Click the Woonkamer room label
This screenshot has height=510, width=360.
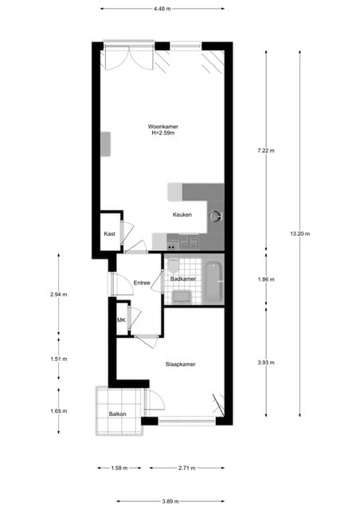point(162,127)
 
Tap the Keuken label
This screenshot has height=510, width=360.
point(182,215)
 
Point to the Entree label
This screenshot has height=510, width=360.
point(142,283)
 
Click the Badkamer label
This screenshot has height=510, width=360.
point(183,278)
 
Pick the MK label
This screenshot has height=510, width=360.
point(121,320)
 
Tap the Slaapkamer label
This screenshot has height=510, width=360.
point(181,364)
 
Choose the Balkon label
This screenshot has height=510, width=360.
point(118,414)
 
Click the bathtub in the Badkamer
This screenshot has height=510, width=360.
point(213,283)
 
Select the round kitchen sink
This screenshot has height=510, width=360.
point(214,215)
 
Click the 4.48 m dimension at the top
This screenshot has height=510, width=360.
point(162,9)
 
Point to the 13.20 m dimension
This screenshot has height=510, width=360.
point(299,233)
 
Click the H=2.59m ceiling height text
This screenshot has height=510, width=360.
point(162,133)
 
